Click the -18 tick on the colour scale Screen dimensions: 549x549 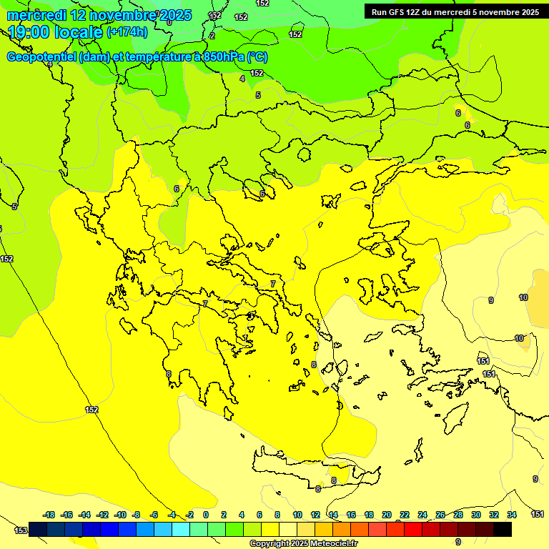click(x=49, y=515)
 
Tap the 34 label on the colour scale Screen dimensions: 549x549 click(x=512, y=515)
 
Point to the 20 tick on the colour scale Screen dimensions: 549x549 click(x=387, y=515)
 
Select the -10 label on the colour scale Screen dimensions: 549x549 click(x=120, y=515)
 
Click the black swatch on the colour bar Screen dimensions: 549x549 click(x=503, y=529)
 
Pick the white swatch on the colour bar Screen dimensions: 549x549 click(x=289, y=529)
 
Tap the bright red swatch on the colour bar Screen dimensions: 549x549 click(x=413, y=529)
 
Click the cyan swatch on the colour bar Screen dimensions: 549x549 click(x=182, y=529)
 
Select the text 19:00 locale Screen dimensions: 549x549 click(x=54, y=31)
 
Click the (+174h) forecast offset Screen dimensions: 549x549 click(x=127, y=31)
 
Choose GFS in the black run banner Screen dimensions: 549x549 click(x=397, y=11)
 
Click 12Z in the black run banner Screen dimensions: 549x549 click(x=415, y=11)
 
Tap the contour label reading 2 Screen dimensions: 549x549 click(x=212, y=36)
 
